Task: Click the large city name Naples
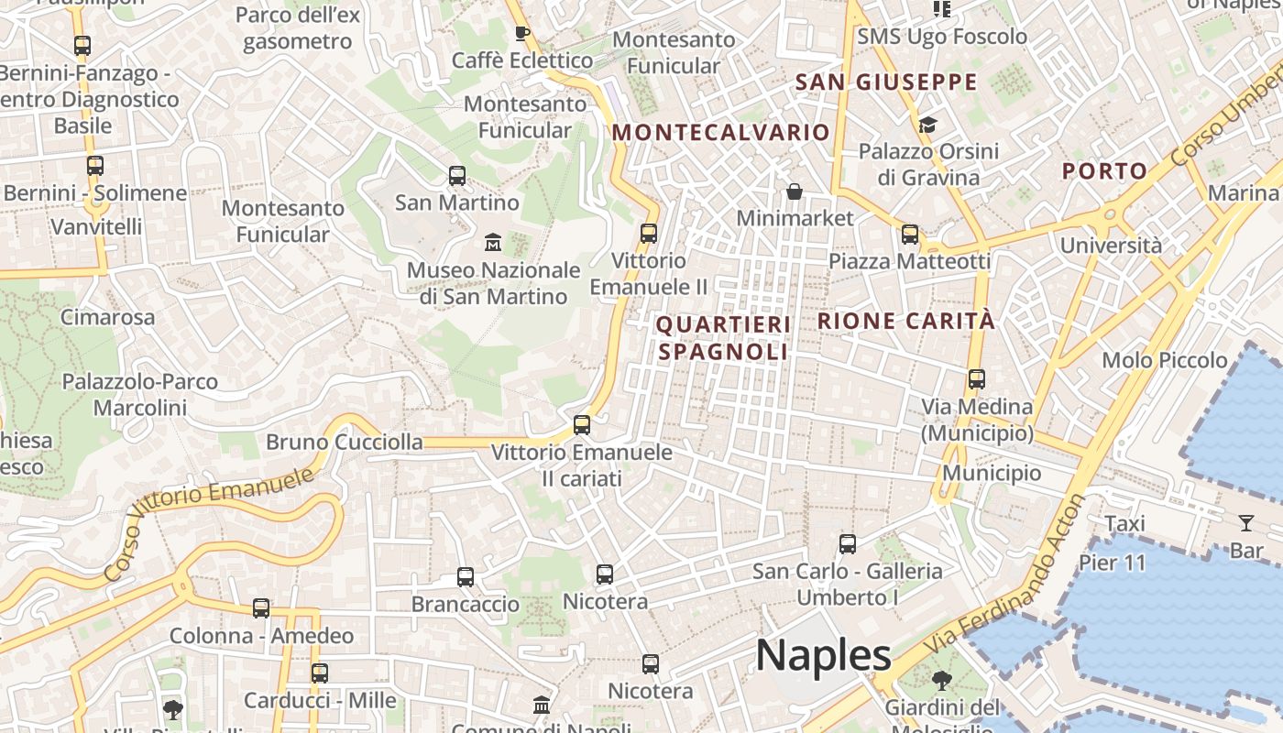click(823, 655)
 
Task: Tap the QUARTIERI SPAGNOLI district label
click(723, 338)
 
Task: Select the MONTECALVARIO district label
click(721, 132)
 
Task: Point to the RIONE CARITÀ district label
click(905, 322)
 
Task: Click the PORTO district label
click(1104, 170)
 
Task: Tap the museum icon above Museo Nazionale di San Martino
click(493, 243)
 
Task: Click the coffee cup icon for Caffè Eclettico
click(521, 34)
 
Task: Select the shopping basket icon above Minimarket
click(794, 191)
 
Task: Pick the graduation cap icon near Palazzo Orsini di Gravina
click(927, 125)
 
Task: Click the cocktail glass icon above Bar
click(1246, 523)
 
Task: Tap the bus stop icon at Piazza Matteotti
click(910, 234)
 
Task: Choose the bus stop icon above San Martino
click(457, 175)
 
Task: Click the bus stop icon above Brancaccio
click(466, 576)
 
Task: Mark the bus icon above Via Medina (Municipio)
click(977, 378)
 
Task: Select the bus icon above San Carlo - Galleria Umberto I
click(848, 543)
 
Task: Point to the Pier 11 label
click(1113, 562)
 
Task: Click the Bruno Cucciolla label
click(345, 443)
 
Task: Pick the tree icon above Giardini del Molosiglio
click(941, 681)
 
